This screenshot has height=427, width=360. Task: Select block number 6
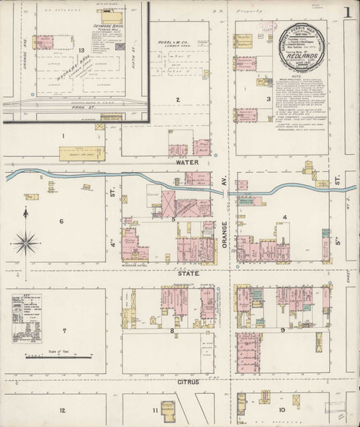point(62,221)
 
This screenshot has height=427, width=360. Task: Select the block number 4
point(284,217)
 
